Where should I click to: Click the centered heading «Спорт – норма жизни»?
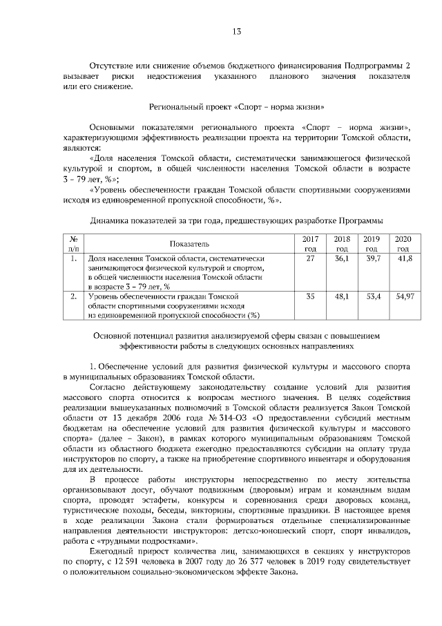236,108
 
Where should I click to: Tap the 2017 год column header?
310,243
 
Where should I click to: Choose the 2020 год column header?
403,243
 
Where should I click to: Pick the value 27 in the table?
310,258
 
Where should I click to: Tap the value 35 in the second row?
310,296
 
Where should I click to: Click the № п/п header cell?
73,243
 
